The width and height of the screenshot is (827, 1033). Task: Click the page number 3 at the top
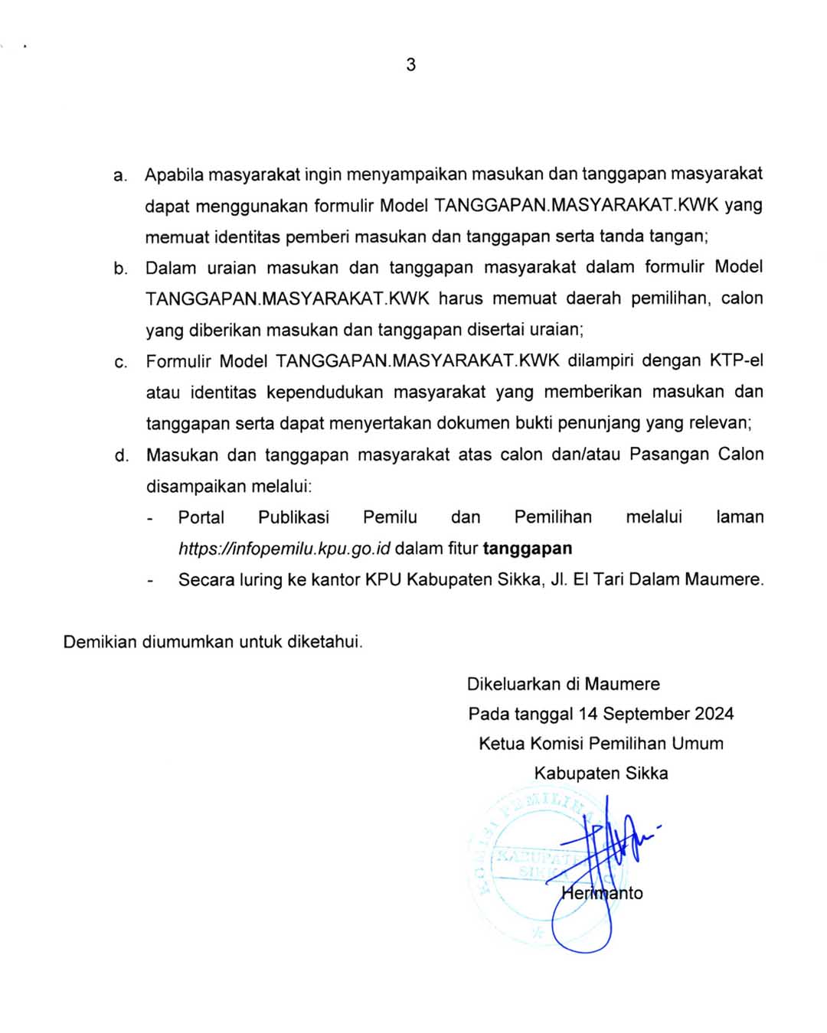coord(411,64)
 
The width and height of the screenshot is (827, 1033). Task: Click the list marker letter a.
coord(119,176)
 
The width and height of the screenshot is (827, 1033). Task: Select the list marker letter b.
coord(120,269)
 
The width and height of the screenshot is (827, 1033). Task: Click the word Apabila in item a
coord(174,174)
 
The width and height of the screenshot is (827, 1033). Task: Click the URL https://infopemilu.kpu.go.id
coord(285,549)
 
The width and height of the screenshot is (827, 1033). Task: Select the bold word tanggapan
coord(528,549)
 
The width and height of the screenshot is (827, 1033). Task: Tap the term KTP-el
coord(736,360)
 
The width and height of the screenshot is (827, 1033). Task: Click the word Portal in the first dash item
coord(201,517)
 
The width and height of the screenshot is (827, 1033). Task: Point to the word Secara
coord(206,580)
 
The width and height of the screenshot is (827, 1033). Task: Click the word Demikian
coord(100,642)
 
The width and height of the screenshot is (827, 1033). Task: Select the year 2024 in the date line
coord(714,714)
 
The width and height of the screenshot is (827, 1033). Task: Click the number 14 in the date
coord(588,714)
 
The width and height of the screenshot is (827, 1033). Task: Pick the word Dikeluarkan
coord(513,684)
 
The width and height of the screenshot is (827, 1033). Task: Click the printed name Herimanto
coord(602,893)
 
